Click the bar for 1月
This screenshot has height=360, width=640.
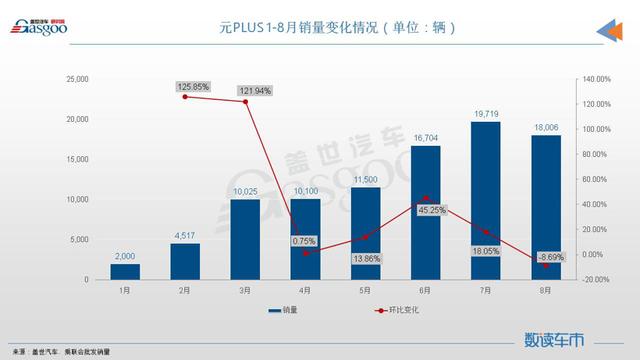point(125,271)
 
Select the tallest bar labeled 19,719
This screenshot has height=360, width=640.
point(486,200)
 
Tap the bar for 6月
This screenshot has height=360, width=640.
point(426,212)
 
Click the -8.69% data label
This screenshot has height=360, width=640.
point(547,257)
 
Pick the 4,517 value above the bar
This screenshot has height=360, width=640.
point(185,236)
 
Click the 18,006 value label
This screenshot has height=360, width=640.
point(546,127)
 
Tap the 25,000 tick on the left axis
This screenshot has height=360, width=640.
point(76,79)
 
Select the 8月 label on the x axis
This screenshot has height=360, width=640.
point(546,290)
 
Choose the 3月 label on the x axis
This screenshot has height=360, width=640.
point(245,290)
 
